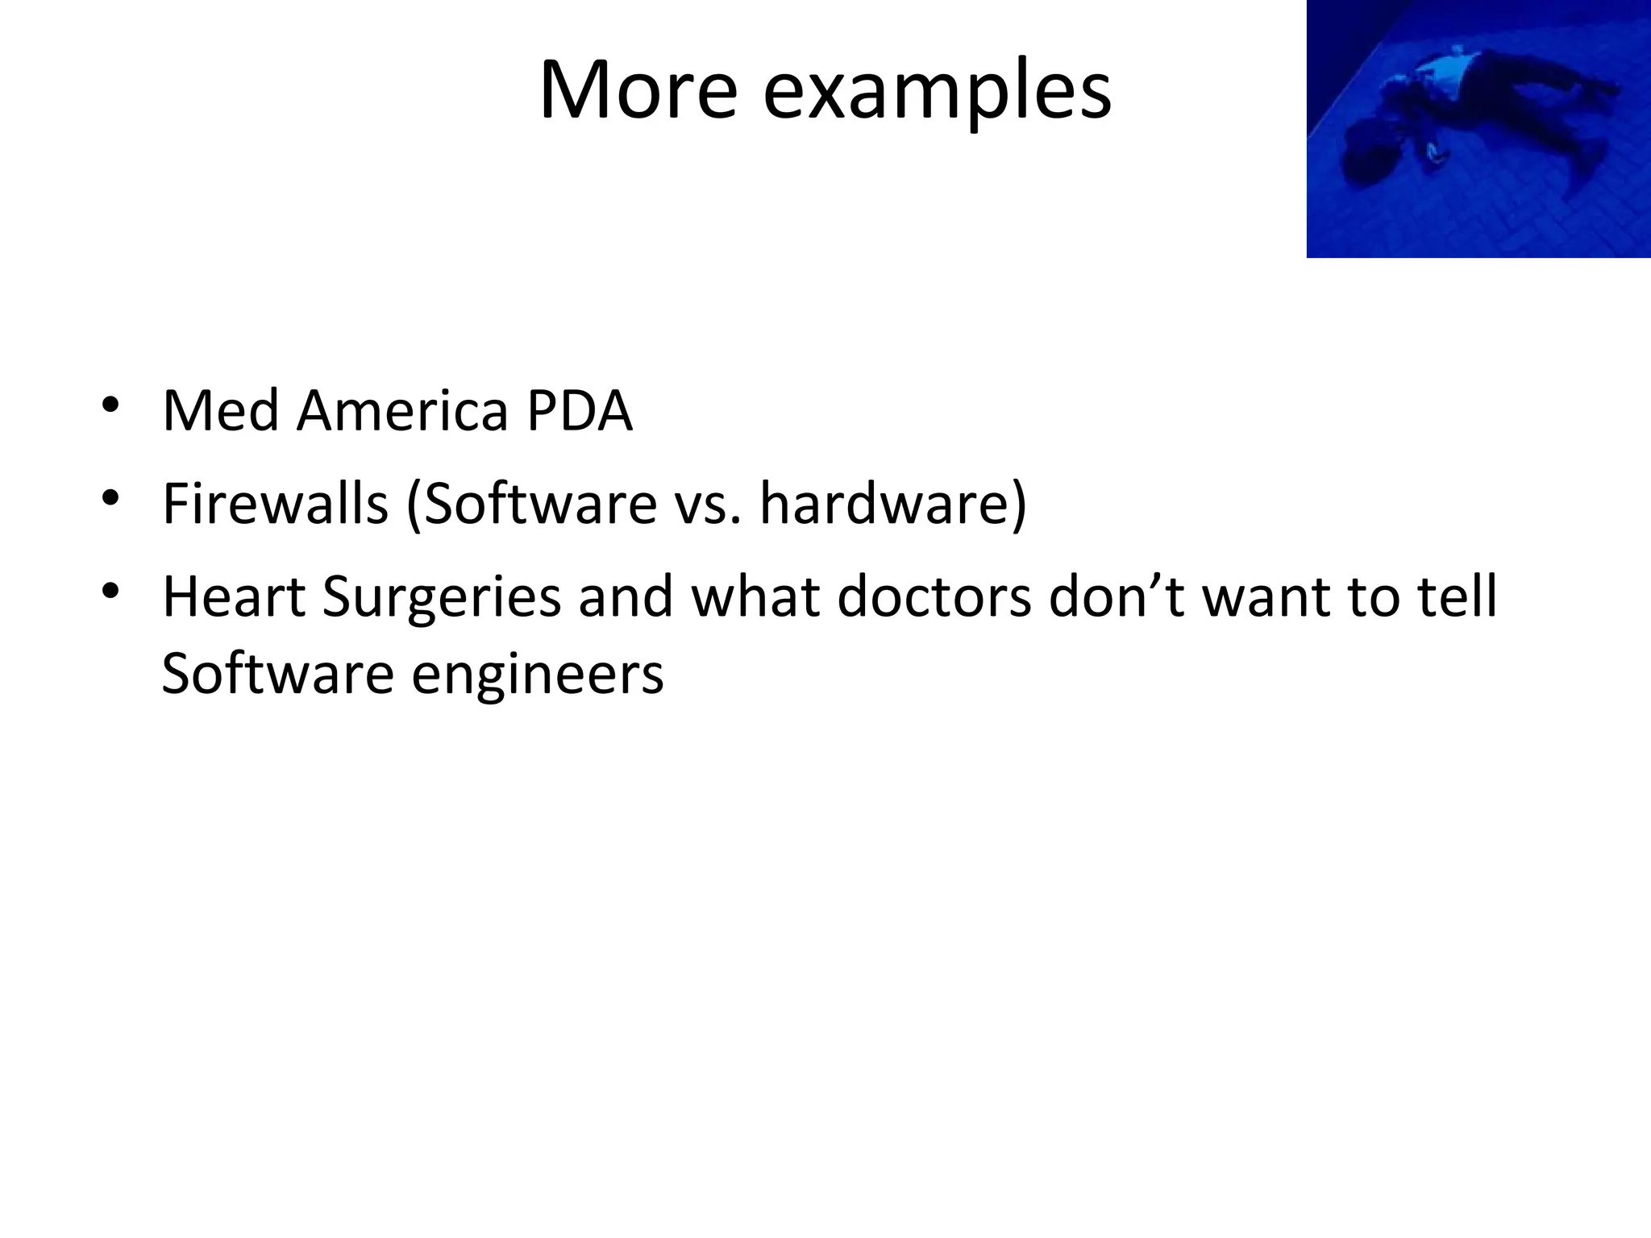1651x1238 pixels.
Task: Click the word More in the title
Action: (x=637, y=90)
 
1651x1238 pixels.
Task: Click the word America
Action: (x=402, y=411)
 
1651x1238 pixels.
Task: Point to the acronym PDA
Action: (x=579, y=411)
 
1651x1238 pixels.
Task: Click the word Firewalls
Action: (x=275, y=504)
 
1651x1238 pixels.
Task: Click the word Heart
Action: (x=233, y=597)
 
